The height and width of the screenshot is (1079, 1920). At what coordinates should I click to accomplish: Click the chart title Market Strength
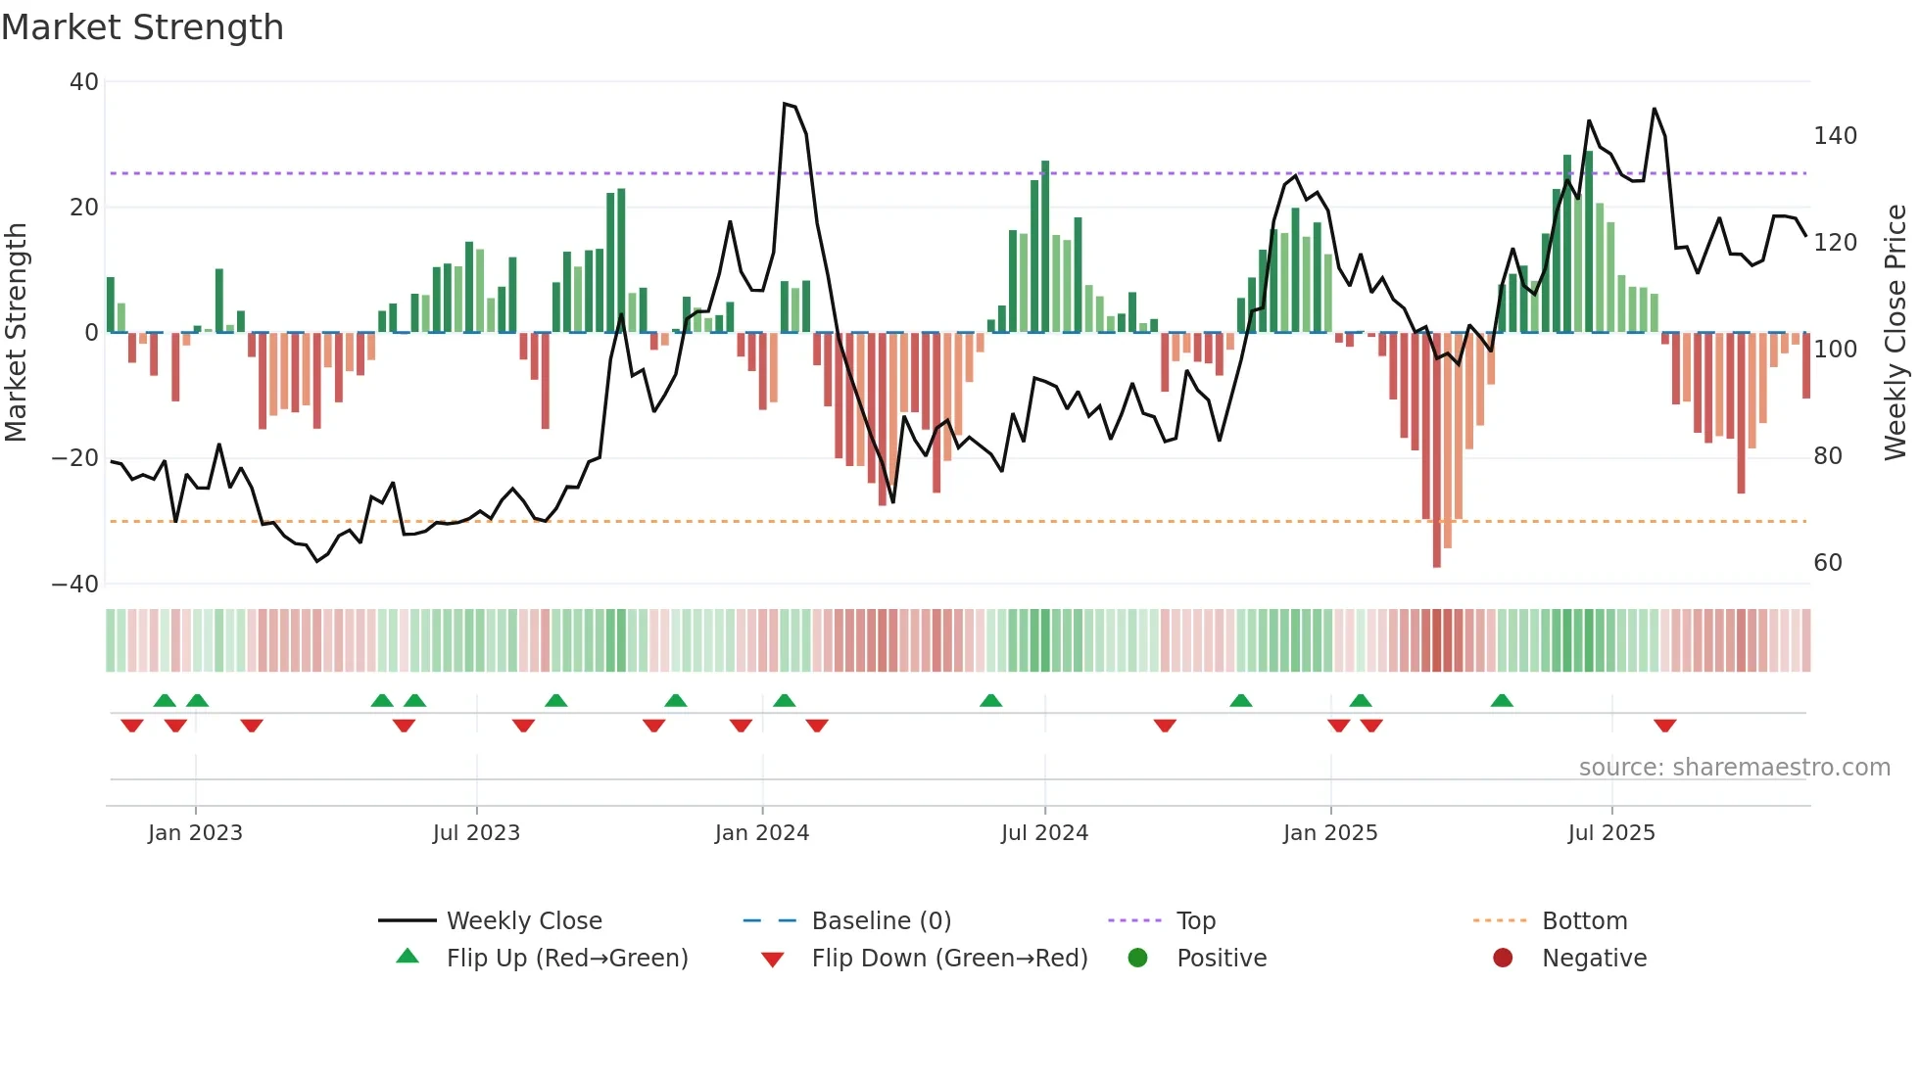click(142, 27)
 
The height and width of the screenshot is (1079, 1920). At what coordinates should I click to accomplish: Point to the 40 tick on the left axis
click(84, 82)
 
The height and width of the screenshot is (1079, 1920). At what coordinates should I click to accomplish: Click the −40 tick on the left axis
click(75, 585)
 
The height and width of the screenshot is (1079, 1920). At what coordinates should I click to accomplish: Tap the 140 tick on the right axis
click(1835, 136)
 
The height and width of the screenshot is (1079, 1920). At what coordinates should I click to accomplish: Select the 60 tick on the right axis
click(1828, 563)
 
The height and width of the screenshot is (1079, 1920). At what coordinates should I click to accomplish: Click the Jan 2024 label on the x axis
click(761, 833)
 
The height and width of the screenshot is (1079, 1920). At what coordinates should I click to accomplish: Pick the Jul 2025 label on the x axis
click(1610, 833)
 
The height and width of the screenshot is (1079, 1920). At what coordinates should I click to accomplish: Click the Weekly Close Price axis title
click(1896, 333)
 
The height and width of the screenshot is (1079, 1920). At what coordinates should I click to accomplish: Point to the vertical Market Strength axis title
click(17, 333)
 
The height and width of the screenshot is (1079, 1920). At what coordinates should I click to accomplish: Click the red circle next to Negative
click(1503, 959)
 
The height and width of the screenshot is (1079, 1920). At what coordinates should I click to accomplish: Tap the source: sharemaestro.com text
click(1734, 768)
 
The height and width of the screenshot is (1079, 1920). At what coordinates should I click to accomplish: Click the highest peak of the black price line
click(785, 104)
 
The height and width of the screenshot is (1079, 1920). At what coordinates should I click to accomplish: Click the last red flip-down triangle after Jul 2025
click(1664, 726)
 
